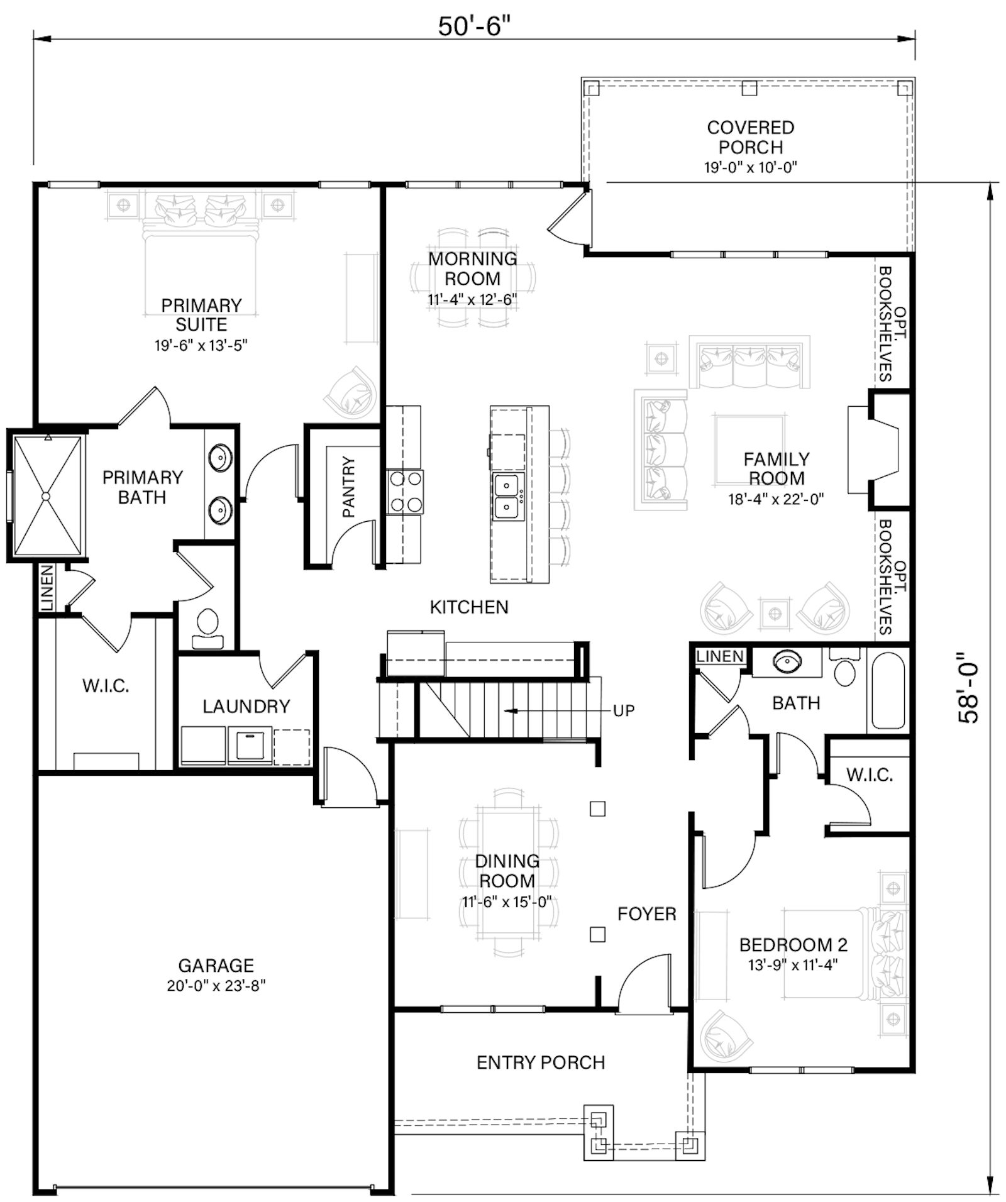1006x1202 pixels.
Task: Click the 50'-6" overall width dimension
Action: click(x=474, y=26)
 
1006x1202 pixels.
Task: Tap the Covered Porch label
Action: click(x=750, y=137)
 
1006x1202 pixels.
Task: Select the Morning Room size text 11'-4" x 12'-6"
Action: click(x=472, y=299)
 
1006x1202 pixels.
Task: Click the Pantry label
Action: click(x=349, y=487)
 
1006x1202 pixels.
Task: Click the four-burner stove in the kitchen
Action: click(x=405, y=492)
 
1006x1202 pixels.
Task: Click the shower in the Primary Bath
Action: click(x=47, y=496)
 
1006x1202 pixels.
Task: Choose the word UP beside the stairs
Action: click(x=624, y=710)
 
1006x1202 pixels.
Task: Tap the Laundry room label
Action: click(x=246, y=706)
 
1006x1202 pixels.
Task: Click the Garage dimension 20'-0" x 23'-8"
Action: click(x=216, y=985)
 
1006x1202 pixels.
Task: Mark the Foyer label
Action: click(x=646, y=913)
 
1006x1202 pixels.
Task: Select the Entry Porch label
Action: click(x=541, y=1062)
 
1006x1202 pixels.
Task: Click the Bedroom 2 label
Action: click(x=793, y=944)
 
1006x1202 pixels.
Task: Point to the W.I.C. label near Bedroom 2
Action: click(x=870, y=775)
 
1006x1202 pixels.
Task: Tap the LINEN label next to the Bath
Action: click(x=720, y=656)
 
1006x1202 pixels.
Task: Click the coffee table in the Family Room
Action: click(x=749, y=450)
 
